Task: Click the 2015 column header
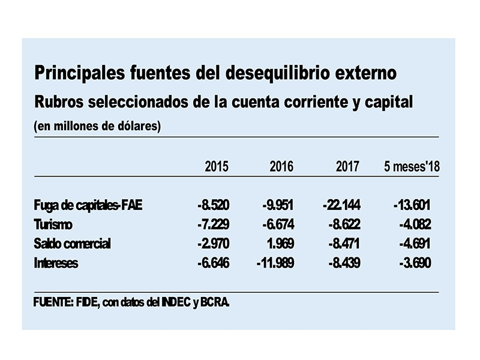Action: tap(217, 167)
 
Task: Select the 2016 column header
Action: tap(281, 167)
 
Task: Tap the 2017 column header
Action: tap(347, 167)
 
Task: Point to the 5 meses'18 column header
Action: tap(412, 167)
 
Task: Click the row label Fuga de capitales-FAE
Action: tap(88, 205)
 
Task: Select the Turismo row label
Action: tap(53, 224)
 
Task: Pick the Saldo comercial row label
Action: tap(72, 244)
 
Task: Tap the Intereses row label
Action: tap(56, 263)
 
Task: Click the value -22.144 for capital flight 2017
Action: tap(341, 205)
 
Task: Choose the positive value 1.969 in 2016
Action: tap(280, 244)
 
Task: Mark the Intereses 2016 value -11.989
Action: tap(275, 263)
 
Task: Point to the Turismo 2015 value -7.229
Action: tap(214, 224)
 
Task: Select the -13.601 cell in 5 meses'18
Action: tap(412, 205)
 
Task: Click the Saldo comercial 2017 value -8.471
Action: tap(344, 244)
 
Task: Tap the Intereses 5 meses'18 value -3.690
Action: tap(415, 263)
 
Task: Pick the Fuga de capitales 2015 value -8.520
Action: tap(214, 205)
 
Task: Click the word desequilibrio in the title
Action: tap(278, 73)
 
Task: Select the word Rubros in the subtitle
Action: tap(59, 102)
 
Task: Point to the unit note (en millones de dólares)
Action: tap(97, 126)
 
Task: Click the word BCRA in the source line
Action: tap(215, 302)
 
